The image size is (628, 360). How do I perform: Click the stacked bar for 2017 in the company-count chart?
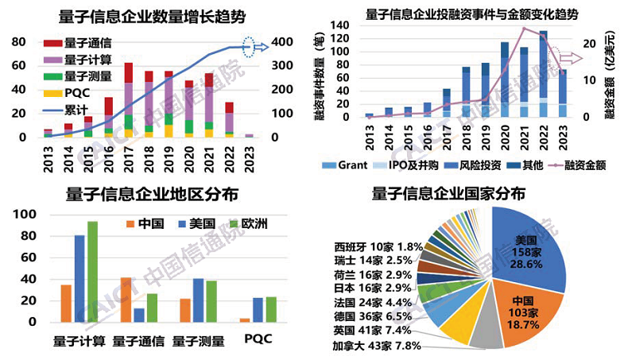click(128, 99)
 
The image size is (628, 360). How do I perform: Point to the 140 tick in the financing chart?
click(341, 25)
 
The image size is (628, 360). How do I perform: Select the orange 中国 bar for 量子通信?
click(126, 300)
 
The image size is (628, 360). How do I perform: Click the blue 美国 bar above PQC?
click(257, 310)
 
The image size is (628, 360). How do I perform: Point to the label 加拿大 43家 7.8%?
click(377, 346)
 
